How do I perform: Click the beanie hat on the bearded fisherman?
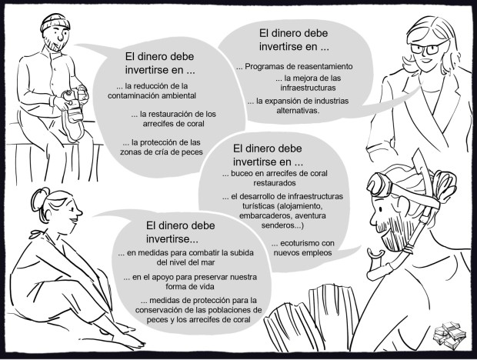tap(55, 22)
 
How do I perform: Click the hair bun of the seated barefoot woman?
tap(39, 198)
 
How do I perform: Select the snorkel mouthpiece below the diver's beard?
tap(375, 253)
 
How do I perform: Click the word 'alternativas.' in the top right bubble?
tap(298, 110)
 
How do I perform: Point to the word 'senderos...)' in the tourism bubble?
tap(282, 225)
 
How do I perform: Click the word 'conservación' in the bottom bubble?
tap(158, 310)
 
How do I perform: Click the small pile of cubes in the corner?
tap(449, 335)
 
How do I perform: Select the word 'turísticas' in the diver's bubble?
tap(259, 206)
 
